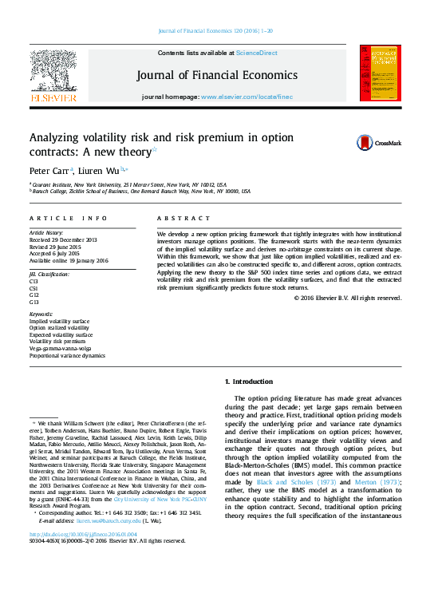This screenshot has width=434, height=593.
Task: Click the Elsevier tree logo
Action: point(53,71)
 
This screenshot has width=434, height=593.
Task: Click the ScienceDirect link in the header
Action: point(255,53)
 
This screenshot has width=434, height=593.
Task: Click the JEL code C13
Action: point(34,282)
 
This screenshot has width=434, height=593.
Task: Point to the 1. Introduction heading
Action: point(249,381)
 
